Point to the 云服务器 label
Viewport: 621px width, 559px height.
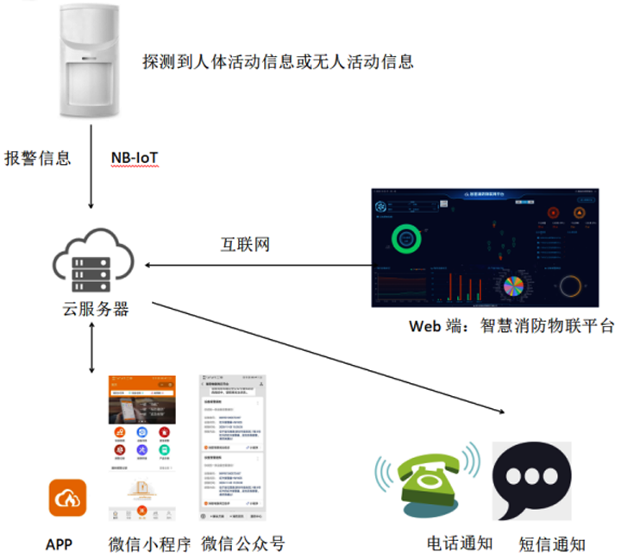tap(95, 308)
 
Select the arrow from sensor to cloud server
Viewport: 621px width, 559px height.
tap(92, 168)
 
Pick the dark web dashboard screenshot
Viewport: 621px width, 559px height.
tap(489, 248)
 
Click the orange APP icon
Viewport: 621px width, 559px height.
tap(67, 498)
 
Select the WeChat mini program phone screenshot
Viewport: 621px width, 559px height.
tap(141, 449)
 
